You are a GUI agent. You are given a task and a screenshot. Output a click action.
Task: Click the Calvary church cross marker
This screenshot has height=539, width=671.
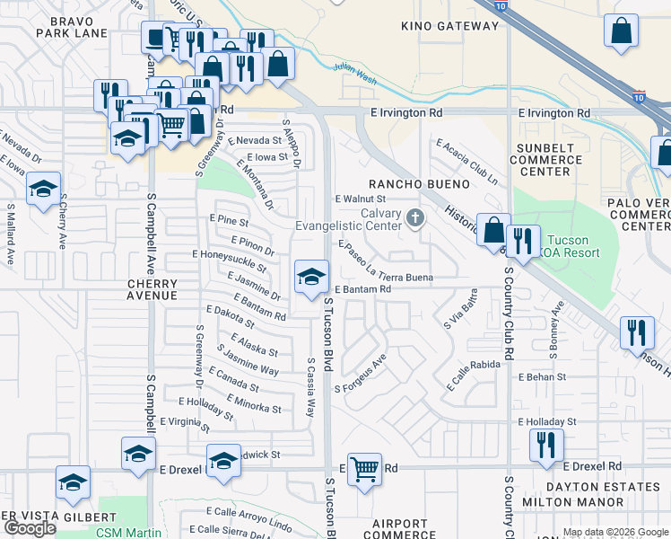click(x=414, y=217)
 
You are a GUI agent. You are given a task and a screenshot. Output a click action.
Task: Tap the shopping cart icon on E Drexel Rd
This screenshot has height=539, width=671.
click(x=364, y=468)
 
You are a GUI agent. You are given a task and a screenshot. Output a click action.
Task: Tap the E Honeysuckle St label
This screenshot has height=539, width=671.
click(x=230, y=261)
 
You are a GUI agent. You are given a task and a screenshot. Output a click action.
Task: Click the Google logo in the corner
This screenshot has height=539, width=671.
click(x=30, y=528)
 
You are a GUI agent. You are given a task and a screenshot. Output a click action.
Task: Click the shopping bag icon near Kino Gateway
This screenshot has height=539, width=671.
click(x=621, y=32)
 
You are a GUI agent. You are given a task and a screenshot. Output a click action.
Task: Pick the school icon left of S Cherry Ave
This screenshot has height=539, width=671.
click(x=43, y=190)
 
